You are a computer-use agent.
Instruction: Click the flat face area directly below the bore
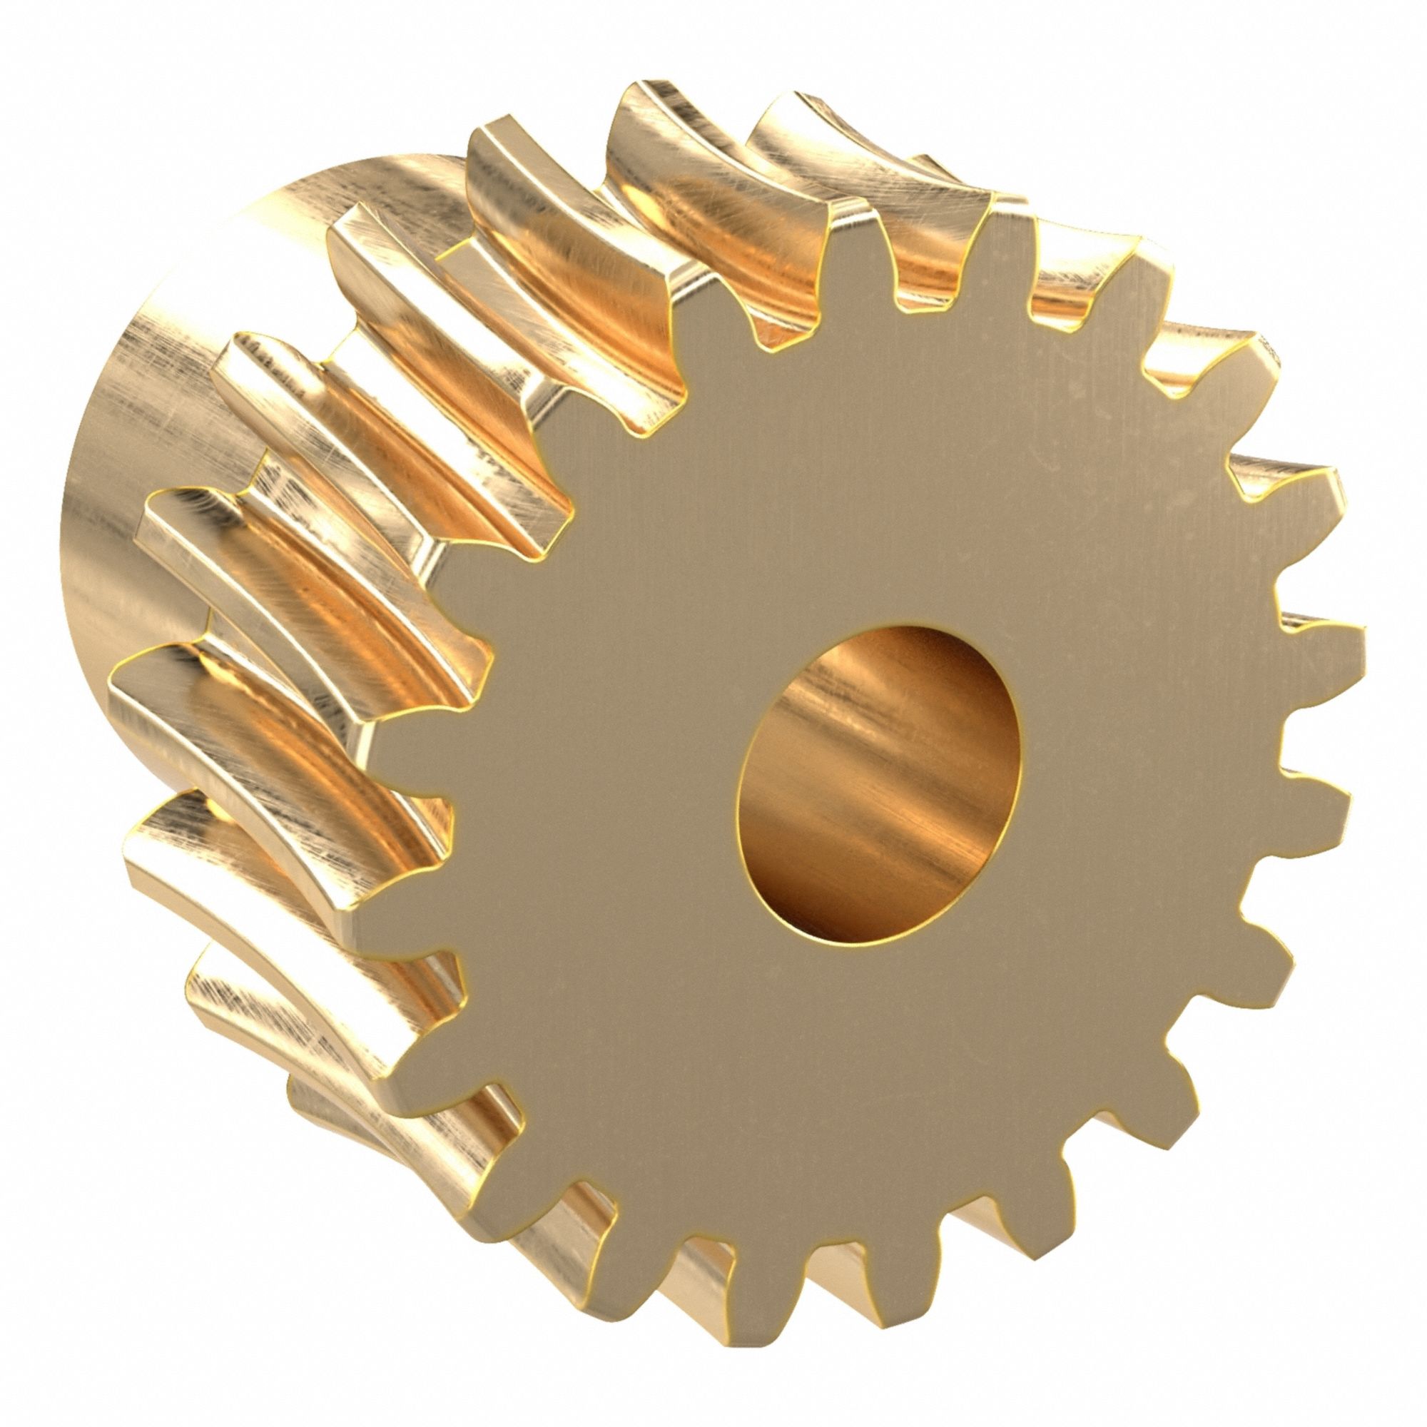[x=879, y=1108]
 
